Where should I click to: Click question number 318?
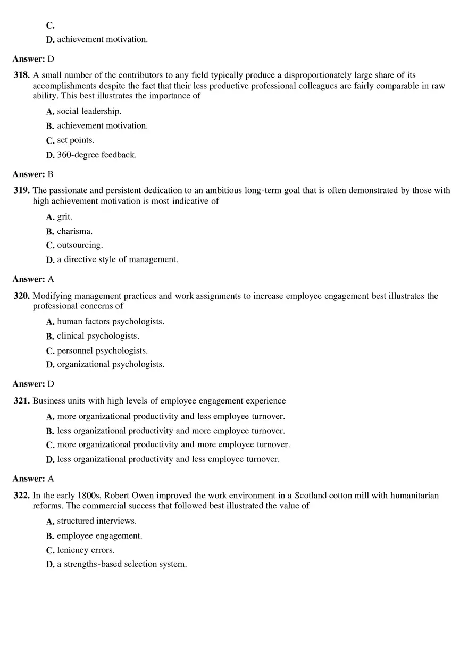tap(22, 75)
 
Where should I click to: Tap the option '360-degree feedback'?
tap(96, 155)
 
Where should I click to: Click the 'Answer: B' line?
tap(33, 174)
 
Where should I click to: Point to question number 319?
tap(22, 190)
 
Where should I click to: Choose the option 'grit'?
tap(64, 217)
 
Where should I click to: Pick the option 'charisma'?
tap(74, 231)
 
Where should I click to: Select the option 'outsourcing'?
tap(80, 245)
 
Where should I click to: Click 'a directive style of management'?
tap(117, 259)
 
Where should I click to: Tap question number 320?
tap(22, 296)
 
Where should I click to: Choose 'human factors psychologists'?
tap(111, 322)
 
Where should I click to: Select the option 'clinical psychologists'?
tap(98, 336)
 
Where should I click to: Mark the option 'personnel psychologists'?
tap(102, 351)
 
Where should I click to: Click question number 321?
tap(22, 401)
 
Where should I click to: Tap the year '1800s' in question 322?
tap(89, 496)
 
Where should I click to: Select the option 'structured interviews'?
tap(97, 521)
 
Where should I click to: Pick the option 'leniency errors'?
tap(86, 550)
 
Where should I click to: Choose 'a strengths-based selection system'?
tap(122, 564)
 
